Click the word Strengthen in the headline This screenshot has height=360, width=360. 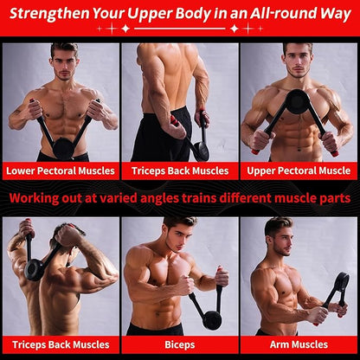pyautogui.click(x=49, y=14)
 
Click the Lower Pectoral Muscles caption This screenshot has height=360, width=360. pyautogui.click(x=61, y=170)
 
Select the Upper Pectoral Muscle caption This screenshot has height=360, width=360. pyautogui.click(x=299, y=170)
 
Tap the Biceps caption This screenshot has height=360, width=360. pyautogui.click(x=180, y=344)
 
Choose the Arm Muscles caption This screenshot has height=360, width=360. pyautogui.click(x=299, y=344)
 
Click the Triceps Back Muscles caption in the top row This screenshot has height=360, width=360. pyautogui.click(x=180, y=170)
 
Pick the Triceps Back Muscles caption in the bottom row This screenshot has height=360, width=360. pyautogui.click(x=61, y=344)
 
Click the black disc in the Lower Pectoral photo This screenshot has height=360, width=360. pyautogui.click(x=63, y=149)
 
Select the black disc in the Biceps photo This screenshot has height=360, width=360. pyautogui.click(x=212, y=320)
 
